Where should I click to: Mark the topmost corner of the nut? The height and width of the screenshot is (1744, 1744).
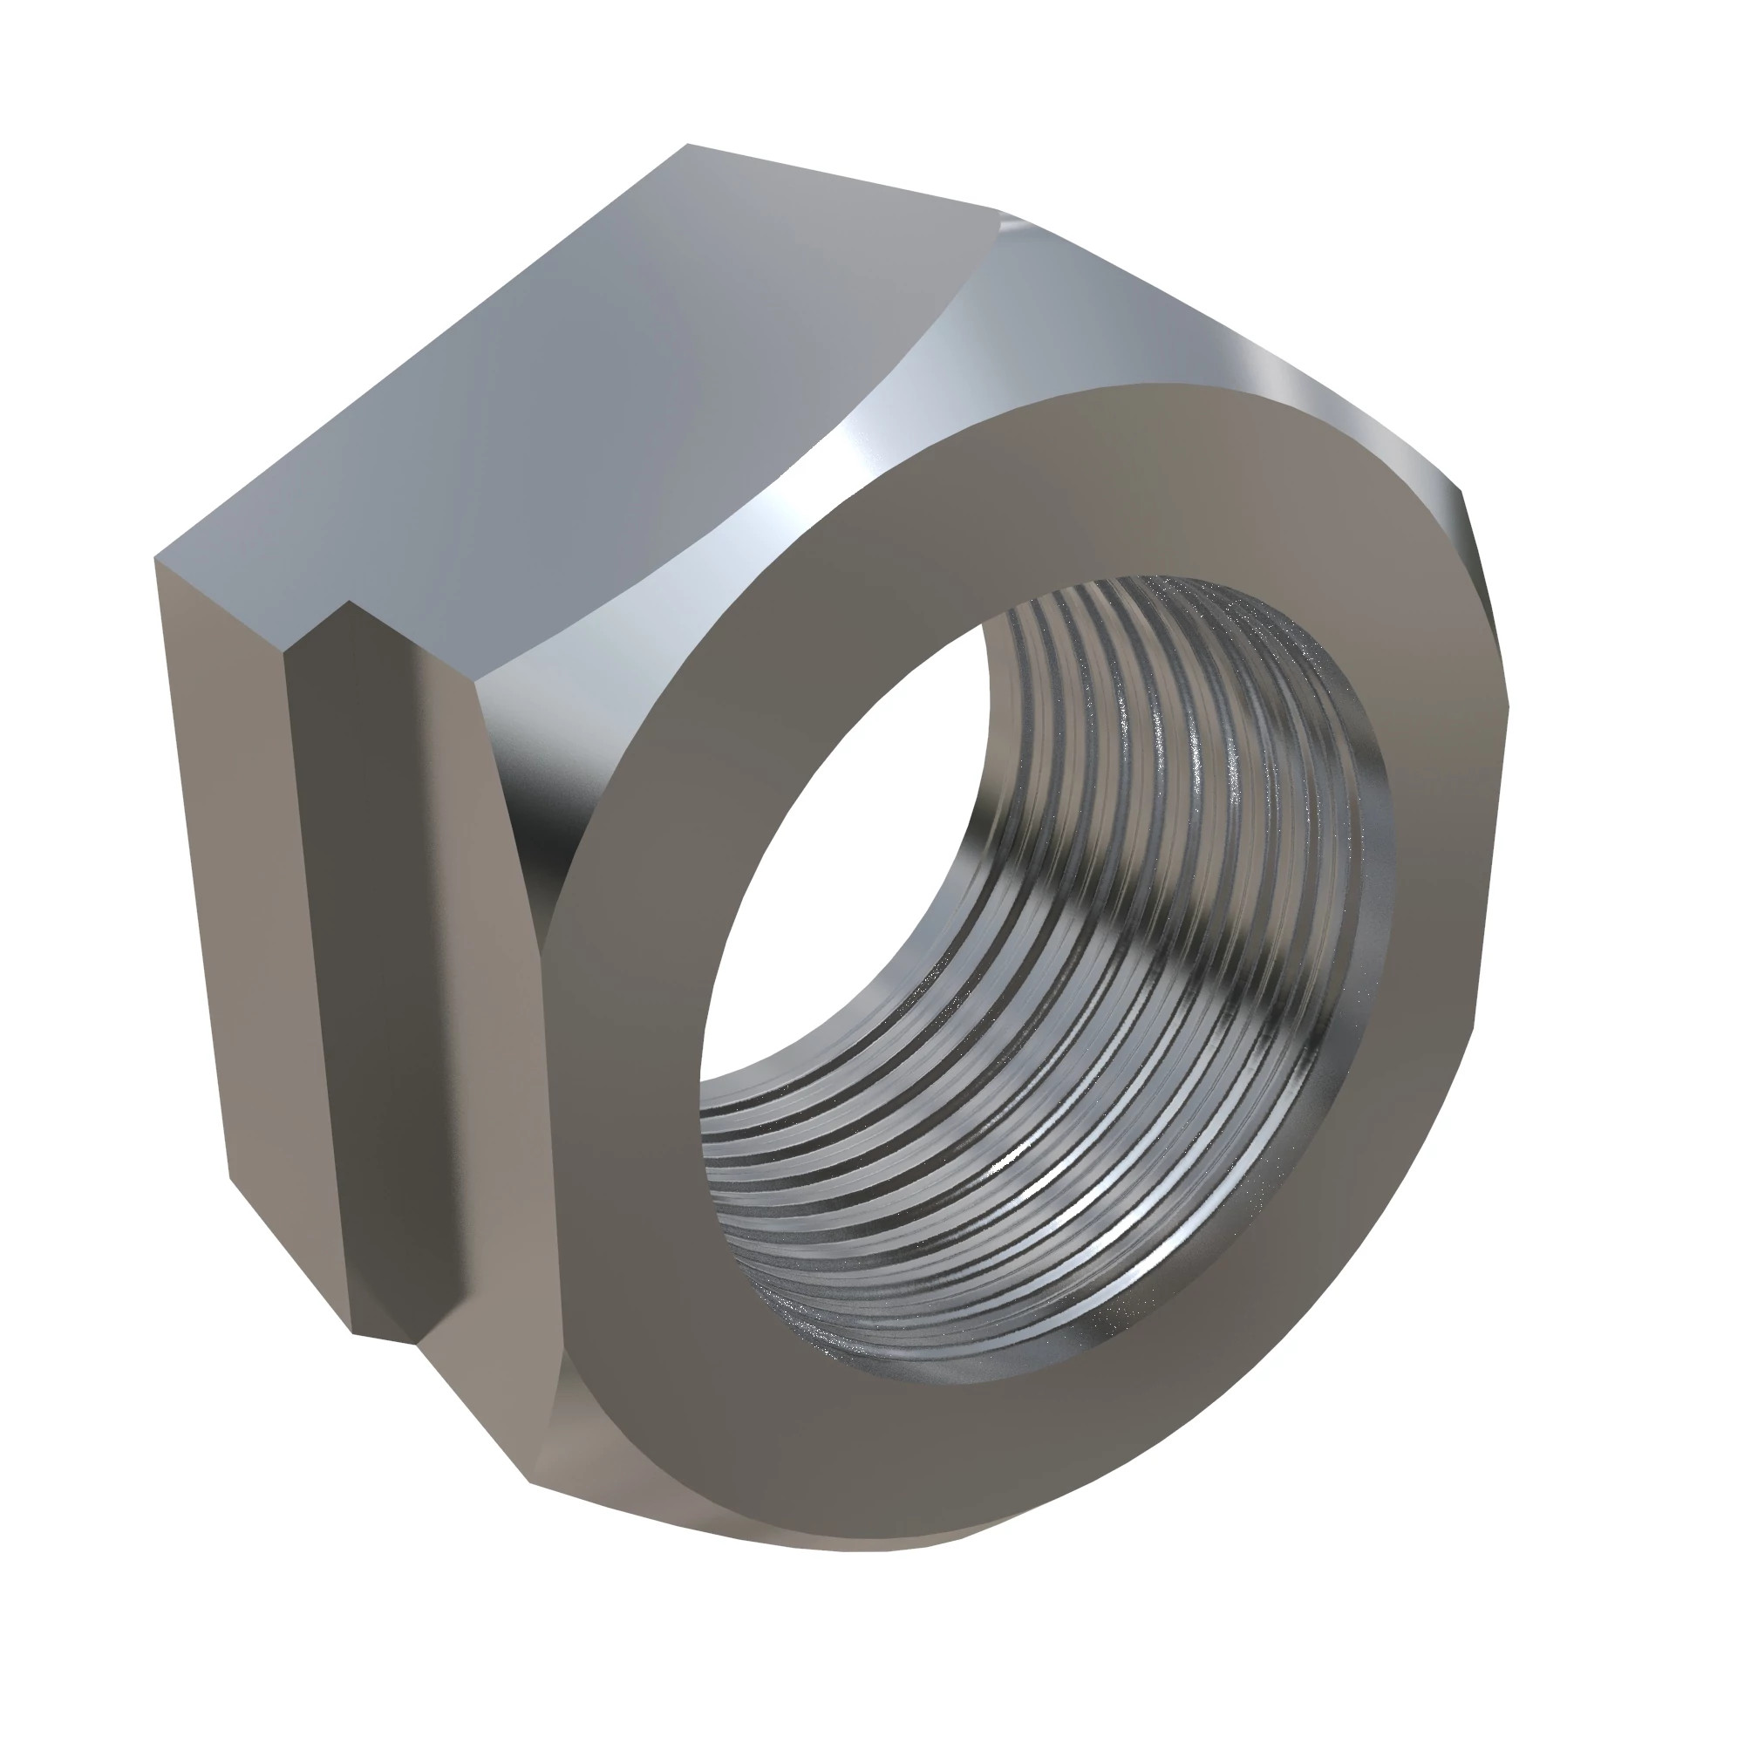[x=688, y=145]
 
